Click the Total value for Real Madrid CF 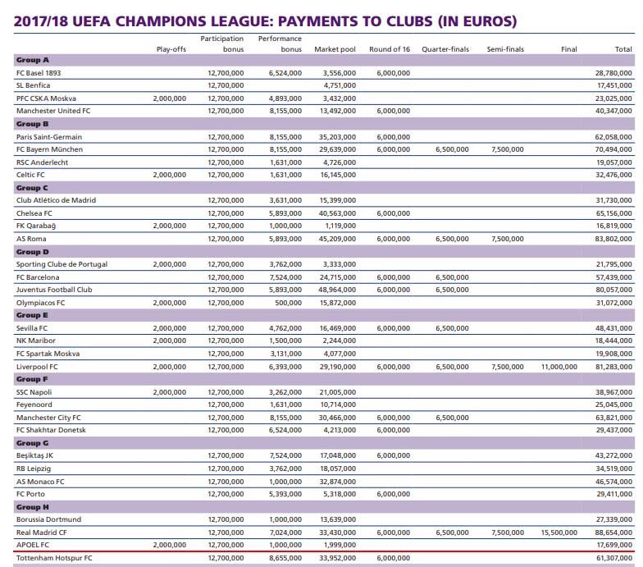pos(613,532)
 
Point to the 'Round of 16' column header pos(390,49)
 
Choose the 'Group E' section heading pos(33,315)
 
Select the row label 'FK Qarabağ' pos(35,226)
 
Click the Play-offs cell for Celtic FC pos(169,175)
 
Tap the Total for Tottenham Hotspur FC pos(613,558)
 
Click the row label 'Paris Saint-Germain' pos(49,137)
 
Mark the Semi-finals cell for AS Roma pos(505,239)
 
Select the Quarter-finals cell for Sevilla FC pos(451,328)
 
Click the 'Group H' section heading pos(33,507)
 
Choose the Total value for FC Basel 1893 pos(613,73)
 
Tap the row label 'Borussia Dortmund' pos(48,519)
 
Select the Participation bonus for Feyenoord pos(226,405)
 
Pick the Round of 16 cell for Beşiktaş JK pos(392,455)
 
